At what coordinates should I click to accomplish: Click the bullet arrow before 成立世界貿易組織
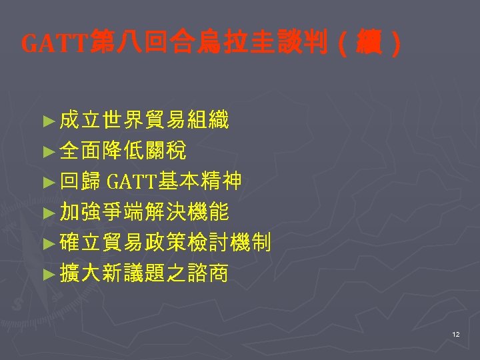[x=47, y=121]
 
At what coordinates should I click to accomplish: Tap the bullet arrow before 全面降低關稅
[x=47, y=151]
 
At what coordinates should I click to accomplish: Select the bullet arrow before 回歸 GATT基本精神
[x=47, y=182]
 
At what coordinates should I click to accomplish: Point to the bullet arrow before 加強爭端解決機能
[x=47, y=213]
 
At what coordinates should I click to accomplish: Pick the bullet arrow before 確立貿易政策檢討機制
[x=47, y=244]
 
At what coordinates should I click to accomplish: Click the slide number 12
[x=456, y=333]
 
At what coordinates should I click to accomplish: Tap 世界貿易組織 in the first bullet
[x=165, y=121]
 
